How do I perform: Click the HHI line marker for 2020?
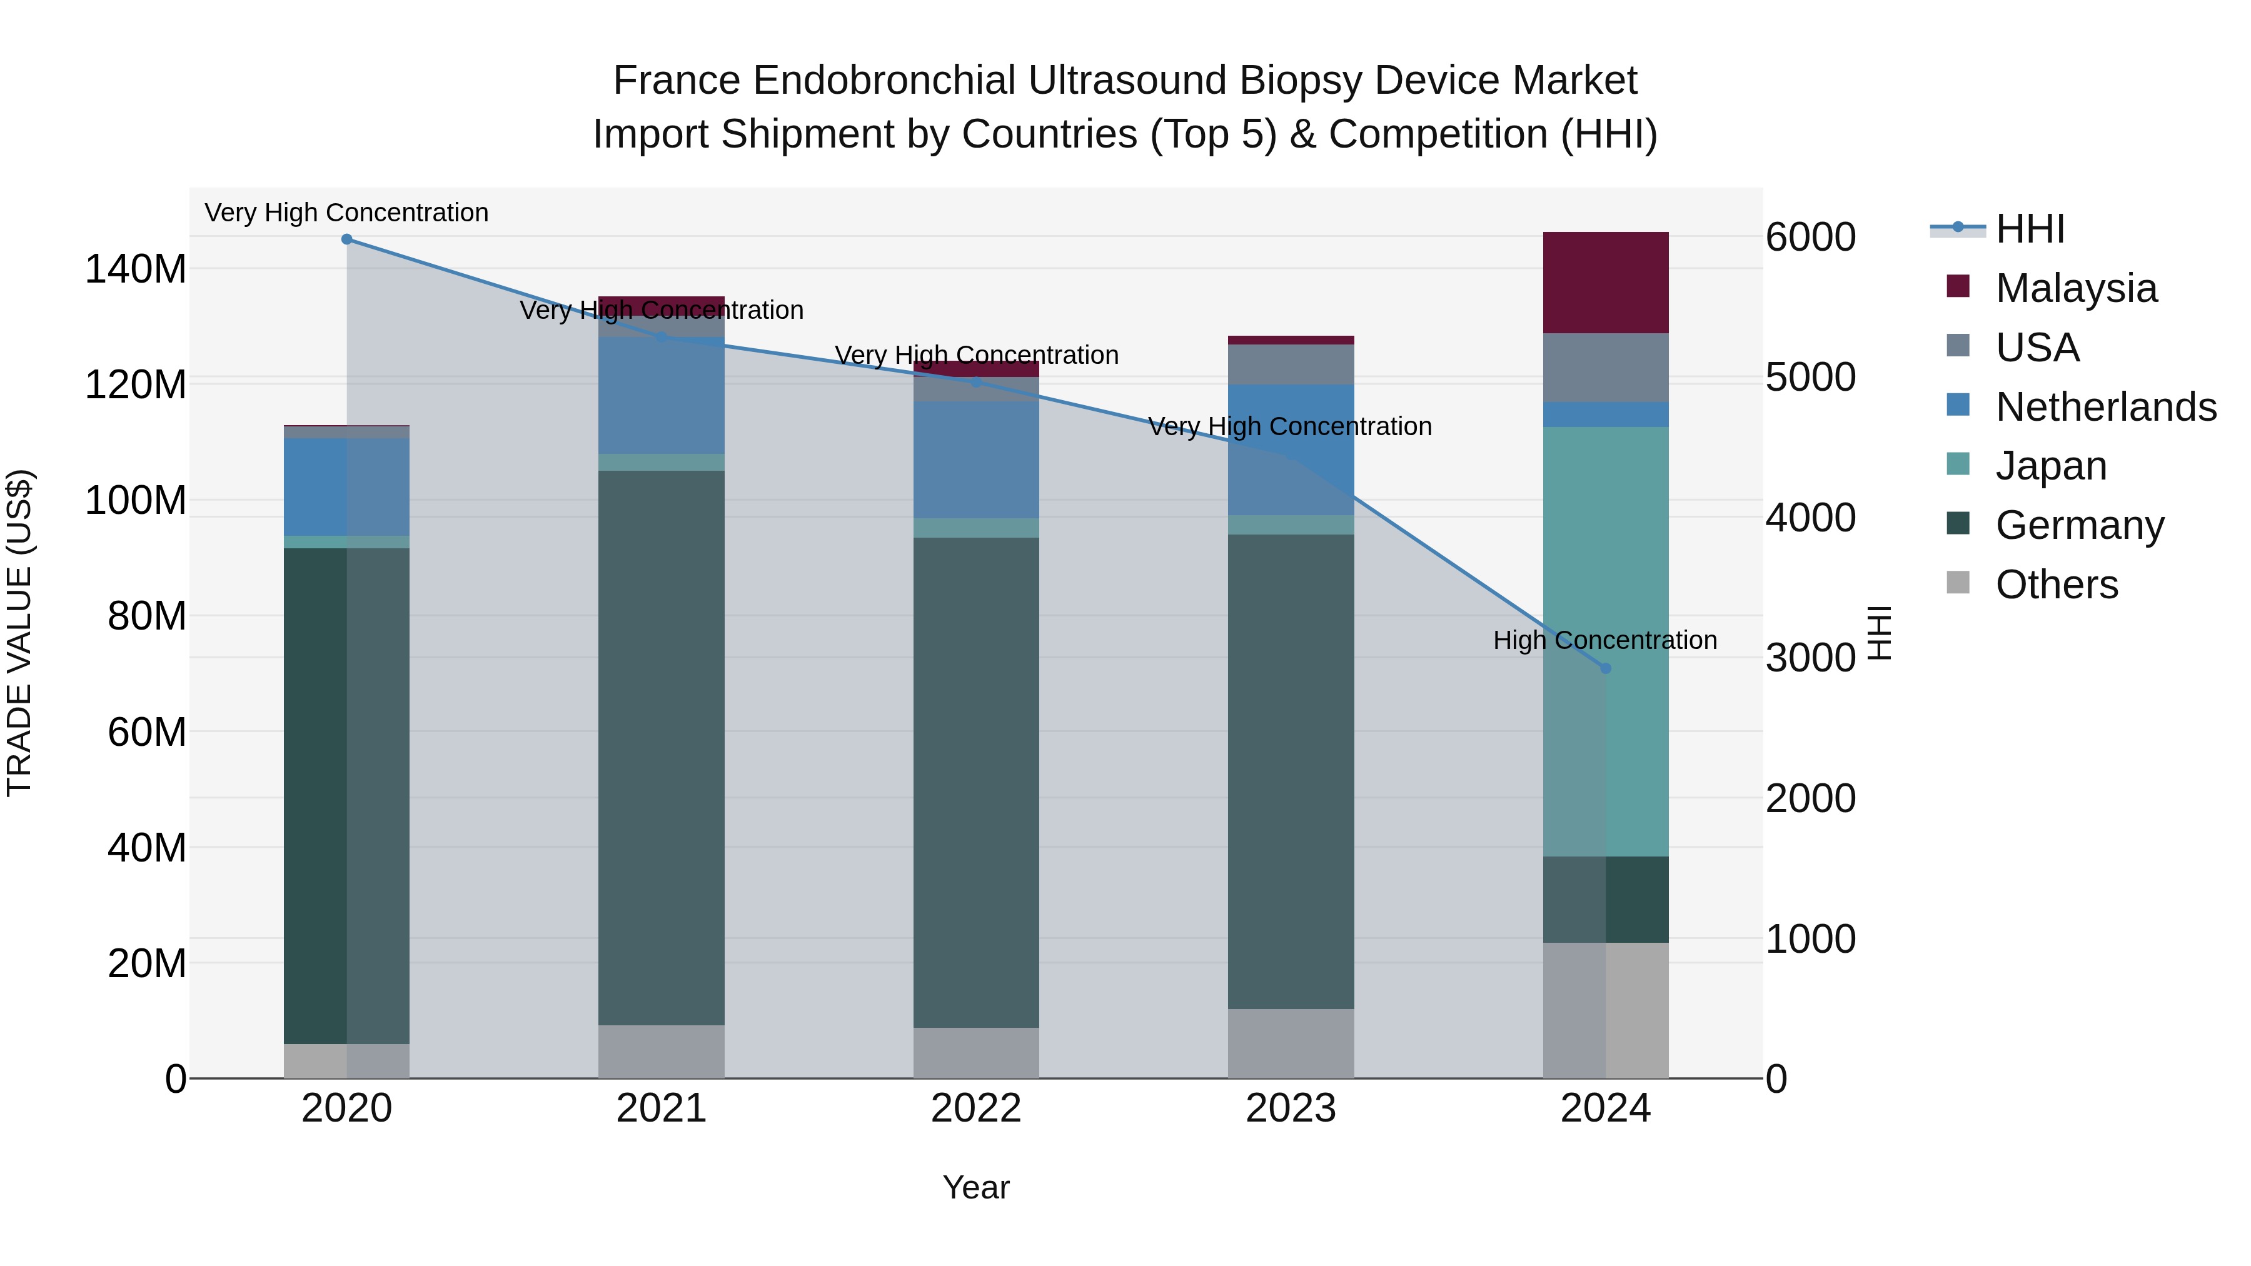pos(347,239)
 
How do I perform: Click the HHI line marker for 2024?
pos(1605,668)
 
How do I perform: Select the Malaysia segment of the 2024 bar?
pos(1605,282)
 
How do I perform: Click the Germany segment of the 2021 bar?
pos(662,747)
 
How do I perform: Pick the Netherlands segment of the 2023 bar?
pos(1291,450)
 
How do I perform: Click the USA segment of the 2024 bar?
pos(1605,368)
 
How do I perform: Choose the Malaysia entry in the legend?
pos(2076,288)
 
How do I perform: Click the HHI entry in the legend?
pos(2029,229)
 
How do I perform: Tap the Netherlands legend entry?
pos(2105,407)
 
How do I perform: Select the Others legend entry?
pos(2056,585)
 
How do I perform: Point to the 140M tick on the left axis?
pos(136,269)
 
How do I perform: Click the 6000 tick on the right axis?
pos(1810,238)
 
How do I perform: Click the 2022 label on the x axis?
pos(976,1108)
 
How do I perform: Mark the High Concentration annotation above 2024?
pos(1604,640)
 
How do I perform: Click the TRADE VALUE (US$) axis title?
pos(19,633)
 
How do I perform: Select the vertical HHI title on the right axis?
pos(1879,633)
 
